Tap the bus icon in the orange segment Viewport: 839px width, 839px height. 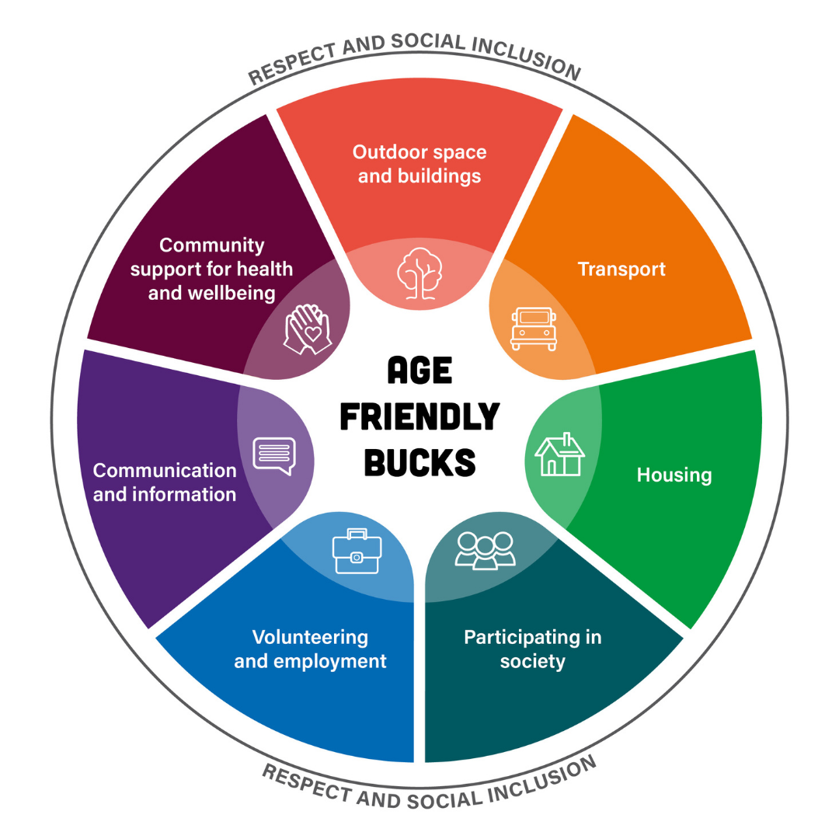tap(533, 329)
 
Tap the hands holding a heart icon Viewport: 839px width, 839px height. tap(308, 329)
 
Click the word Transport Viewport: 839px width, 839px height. tap(621, 270)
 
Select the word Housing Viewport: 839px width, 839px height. tap(674, 474)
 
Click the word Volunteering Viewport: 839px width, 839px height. tap(310, 638)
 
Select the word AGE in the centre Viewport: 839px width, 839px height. tap(419, 371)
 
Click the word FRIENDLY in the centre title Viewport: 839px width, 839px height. tap(419, 417)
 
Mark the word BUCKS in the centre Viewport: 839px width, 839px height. tap(419, 463)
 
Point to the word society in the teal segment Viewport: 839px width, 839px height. tap(533, 662)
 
